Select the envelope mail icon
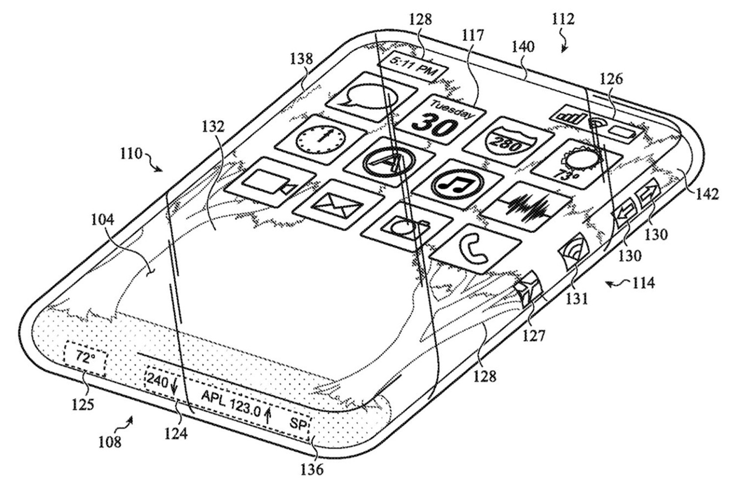pyautogui.click(x=338, y=204)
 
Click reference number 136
pyautogui.click(x=312, y=469)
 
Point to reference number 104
pyautogui.click(x=102, y=220)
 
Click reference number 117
pyautogui.click(x=473, y=35)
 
